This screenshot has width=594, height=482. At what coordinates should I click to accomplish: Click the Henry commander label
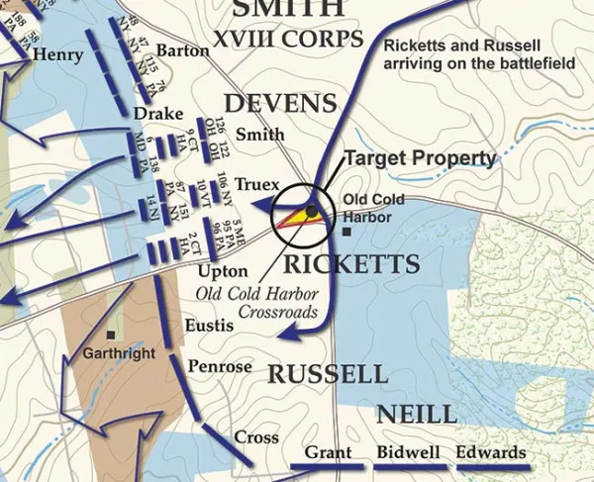(58, 55)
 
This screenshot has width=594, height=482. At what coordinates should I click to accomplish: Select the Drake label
(153, 116)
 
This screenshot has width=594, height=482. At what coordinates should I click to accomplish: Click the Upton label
(216, 270)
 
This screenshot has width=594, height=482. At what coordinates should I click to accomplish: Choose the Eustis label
(209, 325)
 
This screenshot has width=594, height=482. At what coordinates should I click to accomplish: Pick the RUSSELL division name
(328, 374)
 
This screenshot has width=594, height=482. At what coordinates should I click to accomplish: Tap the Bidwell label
(404, 453)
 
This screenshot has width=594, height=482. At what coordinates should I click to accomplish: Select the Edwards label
(491, 453)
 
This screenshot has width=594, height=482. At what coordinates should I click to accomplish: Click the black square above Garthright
(112, 335)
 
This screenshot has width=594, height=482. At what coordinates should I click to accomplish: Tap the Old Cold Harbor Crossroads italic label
(257, 303)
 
